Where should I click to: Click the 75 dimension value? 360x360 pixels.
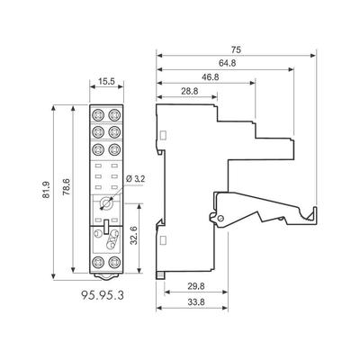pyautogui.click(x=236, y=49)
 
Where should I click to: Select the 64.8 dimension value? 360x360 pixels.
pyautogui.click(x=227, y=63)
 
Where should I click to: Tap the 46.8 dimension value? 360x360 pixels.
pyautogui.click(x=210, y=77)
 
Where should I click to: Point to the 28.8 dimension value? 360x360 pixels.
pyautogui.click(x=190, y=92)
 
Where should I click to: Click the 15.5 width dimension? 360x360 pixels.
pyautogui.click(x=107, y=82)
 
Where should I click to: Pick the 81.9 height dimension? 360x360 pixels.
pyautogui.click(x=46, y=190)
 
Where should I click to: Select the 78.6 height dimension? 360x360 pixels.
pyautogui.click(x=67, y=187)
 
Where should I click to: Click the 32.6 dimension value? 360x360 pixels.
pyautogui.click(x=134, y=236)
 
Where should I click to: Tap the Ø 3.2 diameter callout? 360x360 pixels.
pyautogui.click(x=136, y=179)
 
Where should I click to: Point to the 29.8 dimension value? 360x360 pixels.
pyautogui.click(x=196, y=286)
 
